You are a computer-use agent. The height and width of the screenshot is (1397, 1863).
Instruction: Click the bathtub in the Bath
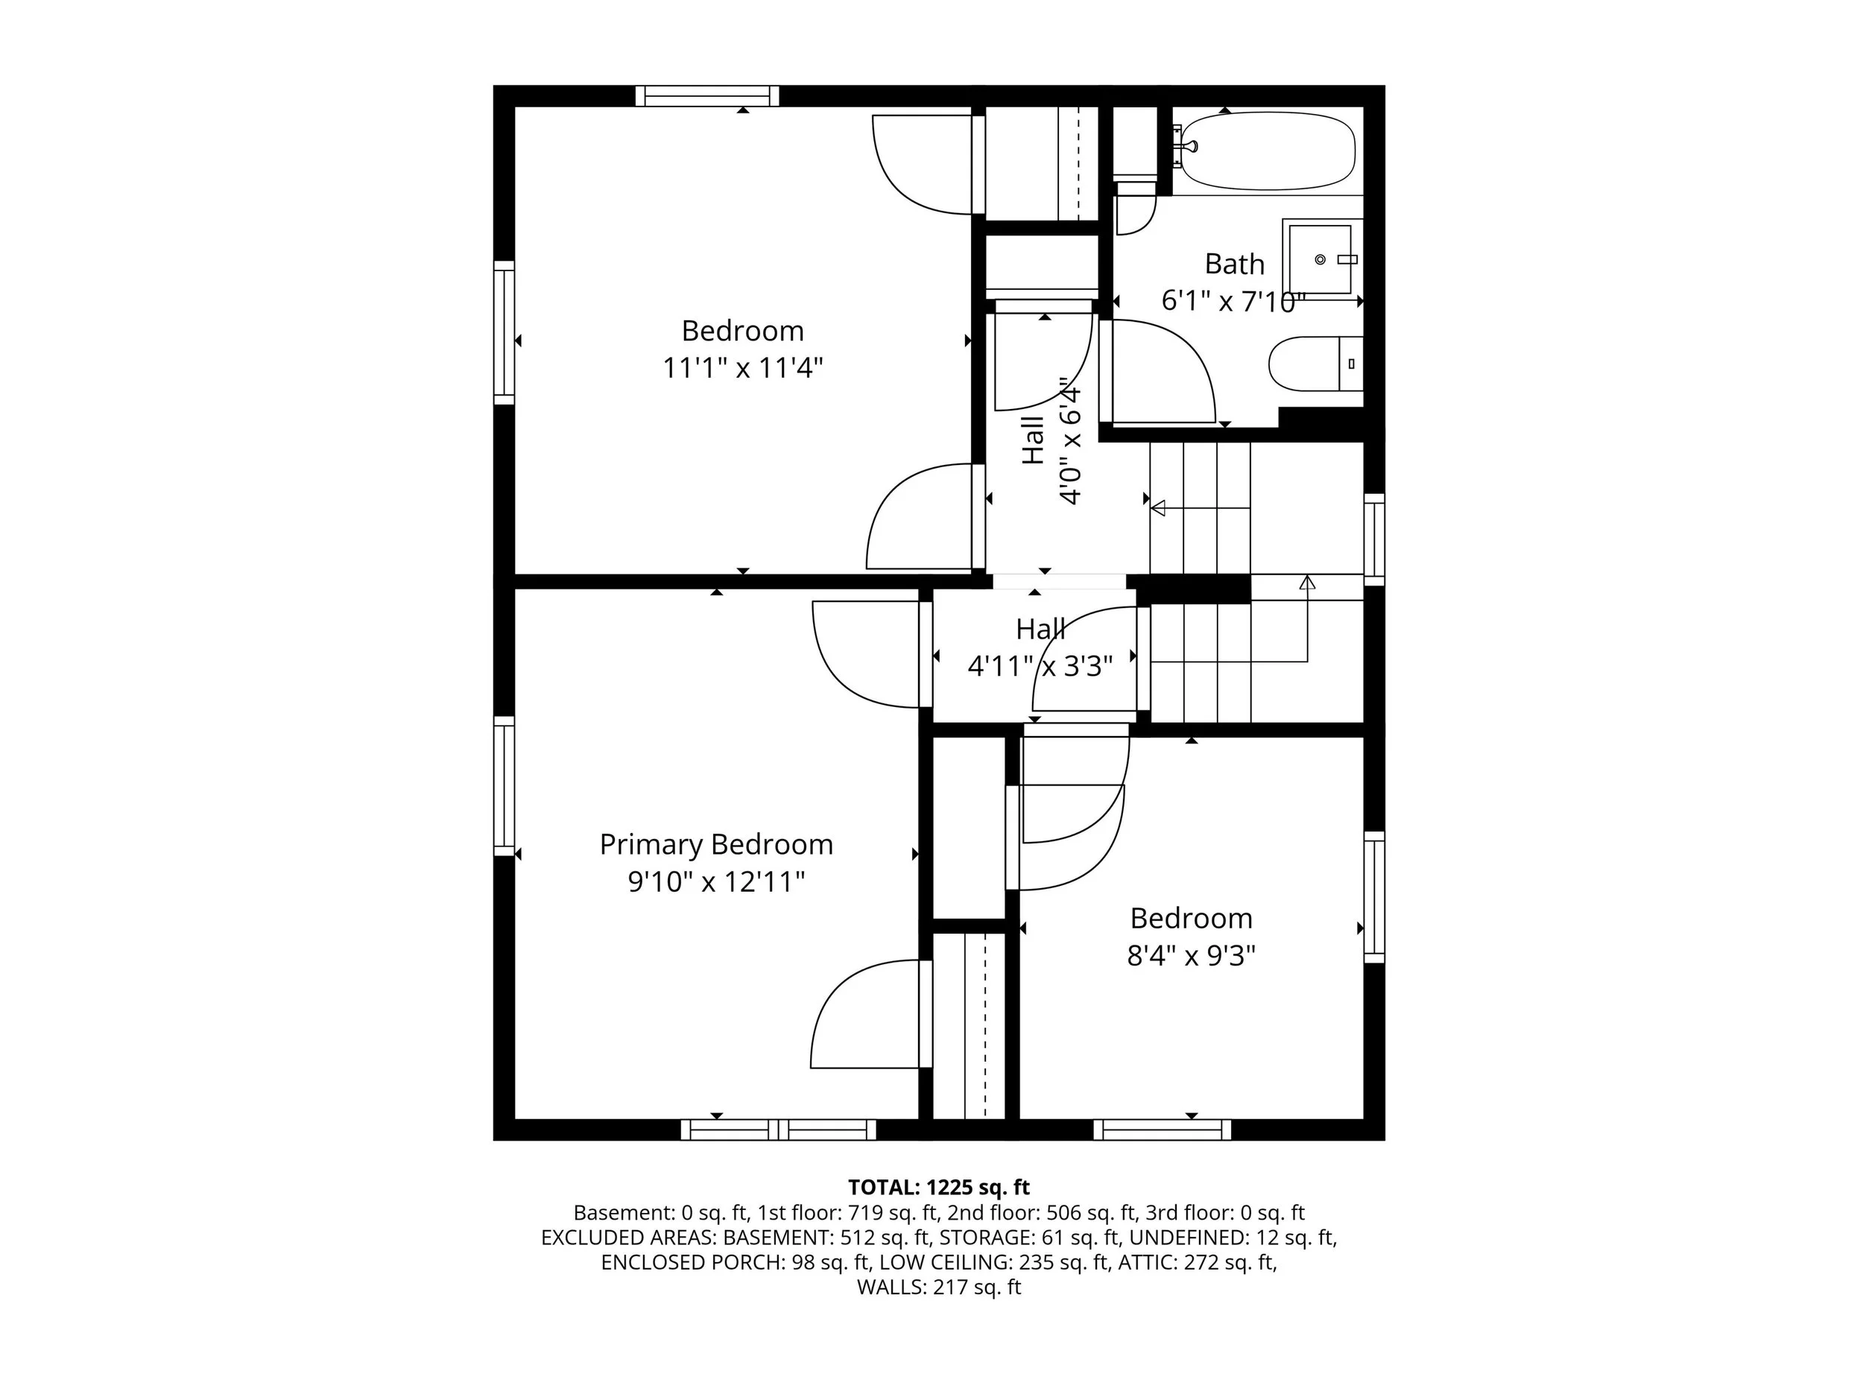[x=1268, y=151]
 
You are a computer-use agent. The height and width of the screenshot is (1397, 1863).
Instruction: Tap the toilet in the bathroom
[x=1315, y=364]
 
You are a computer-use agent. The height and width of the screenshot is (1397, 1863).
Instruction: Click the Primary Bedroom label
[x=716, y=845]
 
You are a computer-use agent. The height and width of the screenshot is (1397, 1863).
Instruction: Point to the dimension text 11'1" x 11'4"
[x=742, y=368]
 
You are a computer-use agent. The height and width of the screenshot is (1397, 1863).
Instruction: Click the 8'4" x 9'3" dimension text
[x=1191, y=956]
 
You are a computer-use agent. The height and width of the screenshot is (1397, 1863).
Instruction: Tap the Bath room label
[x=1235, y=264]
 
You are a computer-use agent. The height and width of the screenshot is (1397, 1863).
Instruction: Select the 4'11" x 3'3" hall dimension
[x=1040, y=667]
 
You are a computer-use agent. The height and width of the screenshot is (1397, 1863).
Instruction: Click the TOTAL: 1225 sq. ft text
[x=938, y=1188]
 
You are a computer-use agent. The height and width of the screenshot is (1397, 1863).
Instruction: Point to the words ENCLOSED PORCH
[x=692, y=1262]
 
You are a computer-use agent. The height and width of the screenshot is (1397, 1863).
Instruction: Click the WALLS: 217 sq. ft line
[x=938, y=1287]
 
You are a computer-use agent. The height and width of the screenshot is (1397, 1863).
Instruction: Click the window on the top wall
[x=706, y=96]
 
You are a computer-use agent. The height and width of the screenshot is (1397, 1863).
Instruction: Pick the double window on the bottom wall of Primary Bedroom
[x=778, y=1130]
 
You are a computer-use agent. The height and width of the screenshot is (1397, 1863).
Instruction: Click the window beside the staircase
[x=1373, y=539]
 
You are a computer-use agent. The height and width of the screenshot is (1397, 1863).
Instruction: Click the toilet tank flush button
[x=1351, y=364]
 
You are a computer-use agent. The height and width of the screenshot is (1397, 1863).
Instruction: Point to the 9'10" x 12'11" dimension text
[x=716, y=881]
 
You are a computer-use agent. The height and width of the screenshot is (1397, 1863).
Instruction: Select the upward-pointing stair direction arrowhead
[x=1307, y=582]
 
